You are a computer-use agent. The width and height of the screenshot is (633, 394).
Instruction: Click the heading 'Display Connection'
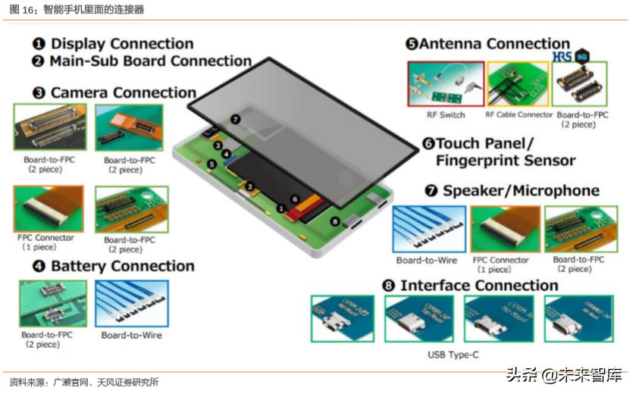click(121, 44)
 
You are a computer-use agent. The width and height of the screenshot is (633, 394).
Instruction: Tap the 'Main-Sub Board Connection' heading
click(150, 61)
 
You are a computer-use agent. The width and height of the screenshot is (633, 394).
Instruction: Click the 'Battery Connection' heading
click(122, 266)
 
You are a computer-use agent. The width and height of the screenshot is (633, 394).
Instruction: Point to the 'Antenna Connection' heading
click(494, 44)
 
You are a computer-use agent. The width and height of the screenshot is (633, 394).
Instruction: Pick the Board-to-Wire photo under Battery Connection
click(132, 304)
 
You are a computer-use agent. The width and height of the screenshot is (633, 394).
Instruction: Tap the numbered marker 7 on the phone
click(236, 119)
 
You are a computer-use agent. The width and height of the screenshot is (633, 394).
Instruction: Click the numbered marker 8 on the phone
click(335, 221)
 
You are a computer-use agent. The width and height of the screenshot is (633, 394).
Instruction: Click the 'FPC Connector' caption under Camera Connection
click(45, 237)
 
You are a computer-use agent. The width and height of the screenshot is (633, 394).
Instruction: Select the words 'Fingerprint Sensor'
click(505, 160)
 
